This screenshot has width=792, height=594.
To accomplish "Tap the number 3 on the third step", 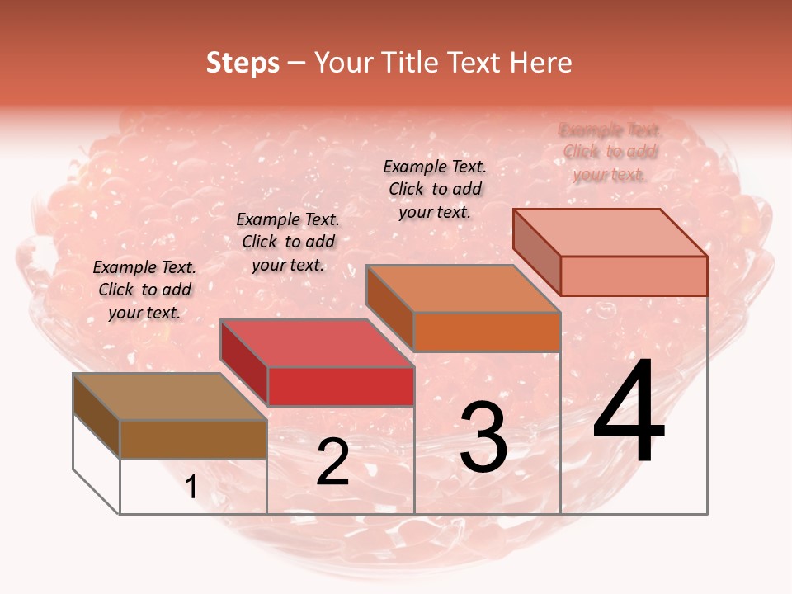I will [483, 437].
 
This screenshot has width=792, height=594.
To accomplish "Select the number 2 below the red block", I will [332, 463].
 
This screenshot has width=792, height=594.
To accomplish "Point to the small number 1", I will [191, 488].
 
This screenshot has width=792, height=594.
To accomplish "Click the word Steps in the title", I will [243, 63].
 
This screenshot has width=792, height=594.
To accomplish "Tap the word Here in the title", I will [541, 63].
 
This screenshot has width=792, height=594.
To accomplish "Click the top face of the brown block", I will [169, 396].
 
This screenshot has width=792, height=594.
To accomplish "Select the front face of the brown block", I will [193, 439].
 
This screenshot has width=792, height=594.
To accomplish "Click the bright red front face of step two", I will [340, 386].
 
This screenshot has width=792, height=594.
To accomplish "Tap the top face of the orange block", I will [462, 289].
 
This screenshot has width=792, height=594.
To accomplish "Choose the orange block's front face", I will [487, 332].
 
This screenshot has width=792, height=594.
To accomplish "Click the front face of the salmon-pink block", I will [634, 276].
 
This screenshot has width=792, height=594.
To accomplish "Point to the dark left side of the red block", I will [244, 363].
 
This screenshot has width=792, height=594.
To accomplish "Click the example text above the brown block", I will [144, 290].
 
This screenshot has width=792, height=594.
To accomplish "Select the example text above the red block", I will [288, 242].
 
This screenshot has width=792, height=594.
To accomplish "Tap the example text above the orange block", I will [435, 189].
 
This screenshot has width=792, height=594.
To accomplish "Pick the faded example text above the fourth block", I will [610, 152].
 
